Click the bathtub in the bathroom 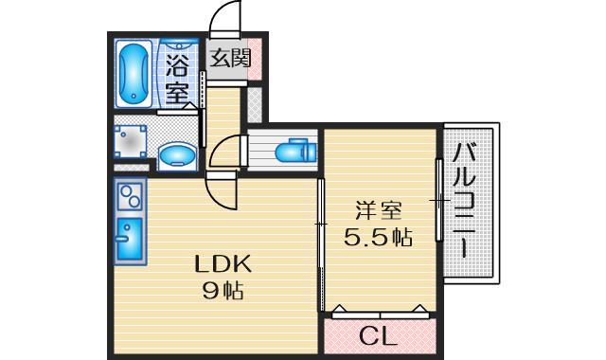pyautogui.click(x=134, y=74)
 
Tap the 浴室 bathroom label pyautogui.click(x=177, y=80)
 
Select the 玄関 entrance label pyautogui.click(x=230, y=59)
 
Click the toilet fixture pyautogui.click(x=296, y=151)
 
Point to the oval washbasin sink pyautogui.click(x=177, y=155)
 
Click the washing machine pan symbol pyautogui.click(x=131, y=141)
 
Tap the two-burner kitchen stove pyautogui.click(x=130, y=196)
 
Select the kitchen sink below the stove pyautogui.click(x=130, y=239)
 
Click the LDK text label pyautogui.click(x=223, y=265)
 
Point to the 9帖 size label pyautogui.click(x=223, y=291)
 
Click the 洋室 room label pyautogui.click(x=379, y=211)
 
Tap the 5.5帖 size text pyautogui.click(x=379, y=238)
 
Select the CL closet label pyautogui.click(x=379, y=337)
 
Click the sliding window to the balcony pyautogui.click(x=439, y=200)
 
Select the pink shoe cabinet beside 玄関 pyautogui.click(x=255, y=59)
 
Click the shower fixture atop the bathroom pyautogui.click(x=179, y=44)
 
